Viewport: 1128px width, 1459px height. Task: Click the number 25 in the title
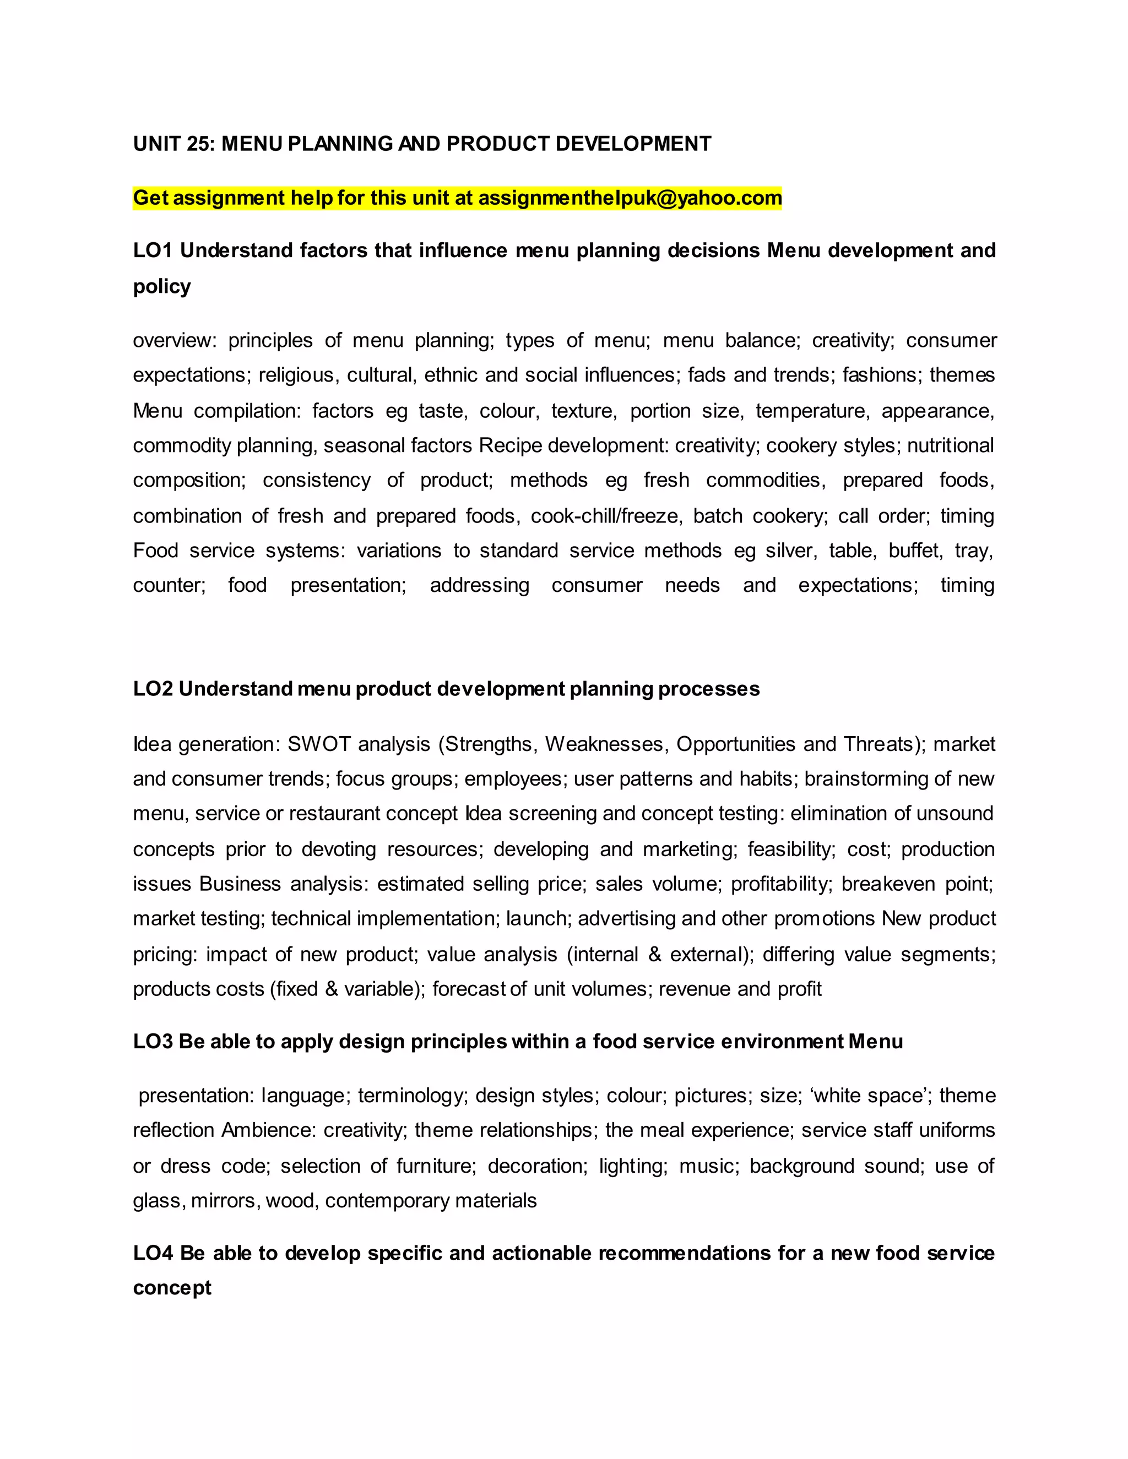click(x=199, y=144)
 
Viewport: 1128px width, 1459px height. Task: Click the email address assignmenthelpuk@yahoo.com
click(x=630, y=198)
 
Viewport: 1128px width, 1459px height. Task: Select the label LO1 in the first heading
click(x=153, y=251)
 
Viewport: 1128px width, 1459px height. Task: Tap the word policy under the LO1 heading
click(x=162, y=287)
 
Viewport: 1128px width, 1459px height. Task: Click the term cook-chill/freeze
click(x=605, y=516)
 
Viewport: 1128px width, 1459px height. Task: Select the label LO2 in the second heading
click(x=153, y=689)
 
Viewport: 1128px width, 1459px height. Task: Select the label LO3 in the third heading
click(x=153, y=1042)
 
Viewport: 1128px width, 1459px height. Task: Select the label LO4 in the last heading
click(x=153, y=1253)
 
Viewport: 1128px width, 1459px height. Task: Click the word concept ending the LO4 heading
click(x=172, y=1288)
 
